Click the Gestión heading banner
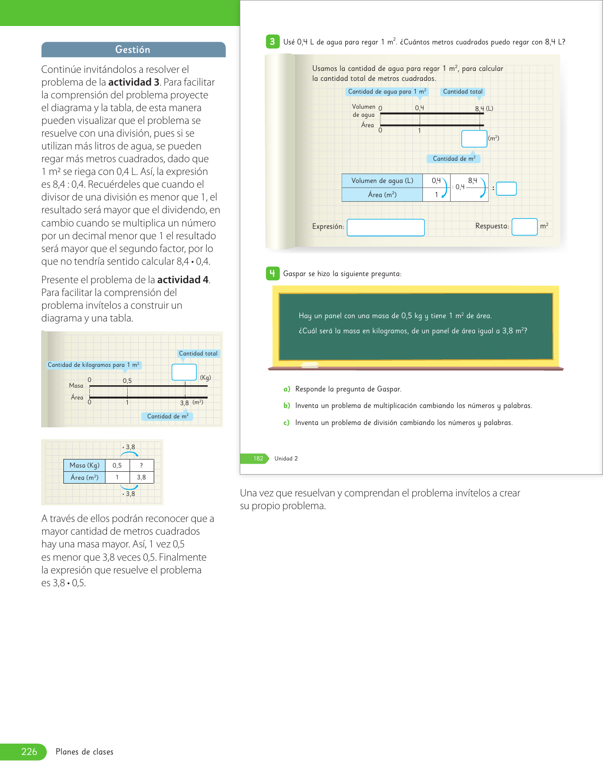(133, 50)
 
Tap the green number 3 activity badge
(272, 42)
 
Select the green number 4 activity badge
(272, 273)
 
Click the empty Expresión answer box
(385, 227)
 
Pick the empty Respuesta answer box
(524, 227)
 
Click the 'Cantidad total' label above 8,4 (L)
(463, 92)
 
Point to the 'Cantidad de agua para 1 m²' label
(387, 92)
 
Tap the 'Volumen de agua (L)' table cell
(382, 181)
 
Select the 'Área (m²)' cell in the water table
(382, 195)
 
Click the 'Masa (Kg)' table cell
(85, 465)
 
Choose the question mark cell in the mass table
(141, 465)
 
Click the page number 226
(29, 752)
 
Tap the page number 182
(258, 459)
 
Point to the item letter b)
(287, 406)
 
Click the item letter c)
(287, 423)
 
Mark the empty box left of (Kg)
(184, 372)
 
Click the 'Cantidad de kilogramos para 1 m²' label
(94, 365)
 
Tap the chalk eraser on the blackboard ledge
(310, 365)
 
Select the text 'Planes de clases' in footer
(85, 752)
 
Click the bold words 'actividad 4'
(183, 280)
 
